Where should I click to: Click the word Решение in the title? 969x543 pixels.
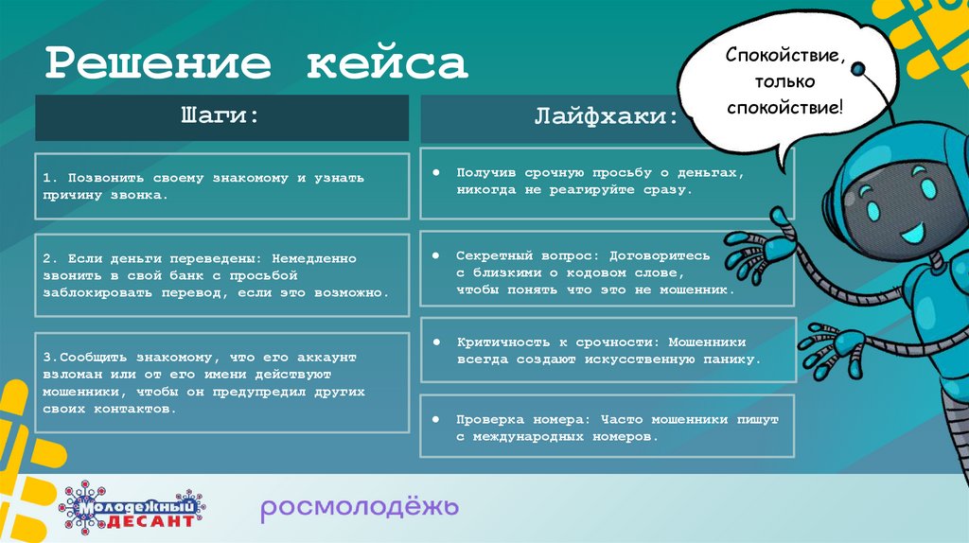[x=160, y=63]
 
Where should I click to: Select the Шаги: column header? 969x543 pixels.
[x=221, y=116]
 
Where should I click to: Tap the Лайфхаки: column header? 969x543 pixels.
[x=607, y=118]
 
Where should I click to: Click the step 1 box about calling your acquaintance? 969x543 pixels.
[x=221, y=185]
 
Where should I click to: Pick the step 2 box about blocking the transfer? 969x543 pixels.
[x=221, y=274]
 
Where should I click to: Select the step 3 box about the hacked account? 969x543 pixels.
[x=221, y=384]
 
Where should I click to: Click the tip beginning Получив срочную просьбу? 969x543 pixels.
[x=607, y=182]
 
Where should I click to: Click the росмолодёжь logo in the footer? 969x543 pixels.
[x=360, y=508]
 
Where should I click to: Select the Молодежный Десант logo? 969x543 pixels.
[x=134, y=507]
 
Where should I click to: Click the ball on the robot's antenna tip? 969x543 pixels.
[x=858, y=69]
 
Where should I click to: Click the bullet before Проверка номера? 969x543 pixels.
[x=436, y=419]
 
